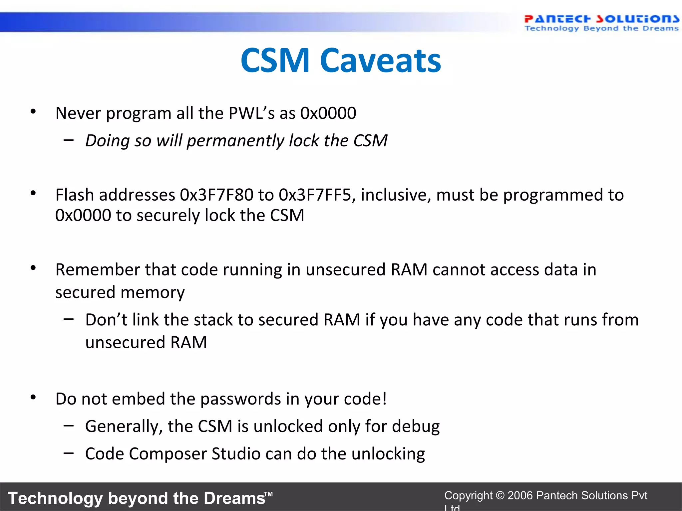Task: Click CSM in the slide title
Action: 275,61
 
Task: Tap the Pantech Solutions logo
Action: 601,23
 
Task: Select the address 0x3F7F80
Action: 216,195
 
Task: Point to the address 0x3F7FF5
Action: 315,195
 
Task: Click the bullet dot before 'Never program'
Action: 33,112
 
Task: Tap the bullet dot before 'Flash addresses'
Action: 33,193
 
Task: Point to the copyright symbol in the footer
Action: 500,495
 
